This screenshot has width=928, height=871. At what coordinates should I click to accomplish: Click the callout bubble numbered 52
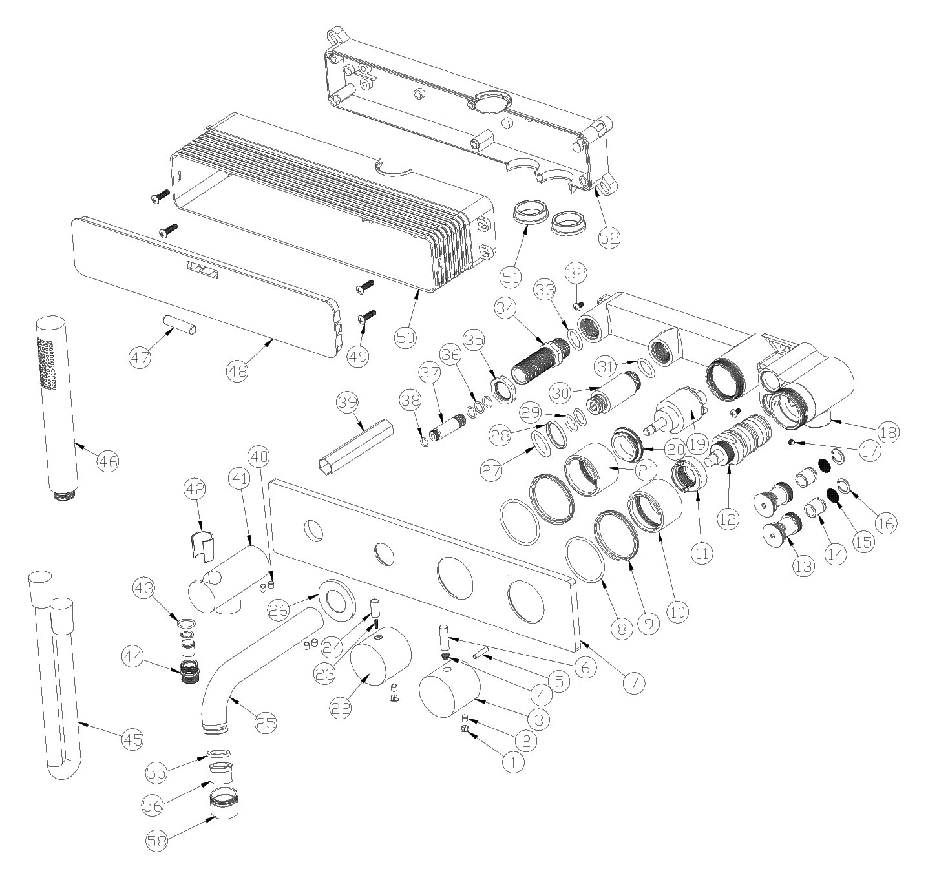(609, 237)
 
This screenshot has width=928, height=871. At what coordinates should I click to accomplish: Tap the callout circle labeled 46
(107, 461)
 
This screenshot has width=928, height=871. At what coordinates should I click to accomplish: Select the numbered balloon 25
(266, 722)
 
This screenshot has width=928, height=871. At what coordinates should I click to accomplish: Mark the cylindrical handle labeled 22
(381, 656)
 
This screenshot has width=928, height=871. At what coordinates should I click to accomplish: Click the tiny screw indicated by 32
(578, 305)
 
